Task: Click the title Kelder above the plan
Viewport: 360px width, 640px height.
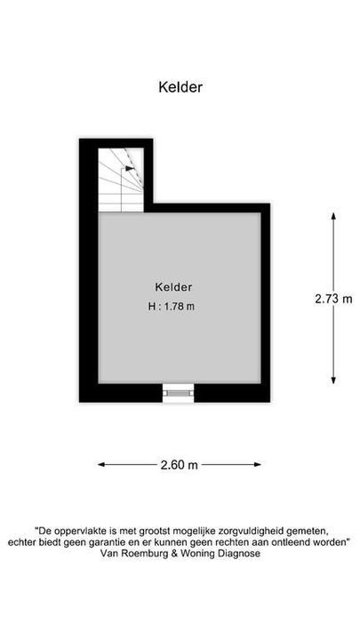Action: click(180, 87)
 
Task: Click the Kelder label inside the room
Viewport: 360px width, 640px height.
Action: click(173, 287)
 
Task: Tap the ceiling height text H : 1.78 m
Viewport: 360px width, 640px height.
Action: click(172, 308)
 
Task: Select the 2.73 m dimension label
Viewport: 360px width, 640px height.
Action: click(332, 299)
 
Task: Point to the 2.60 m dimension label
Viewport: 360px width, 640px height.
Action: click(180, 464)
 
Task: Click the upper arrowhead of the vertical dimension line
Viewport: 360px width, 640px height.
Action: click(333, 216)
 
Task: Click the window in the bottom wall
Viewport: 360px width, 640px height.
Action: click(178, 391)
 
